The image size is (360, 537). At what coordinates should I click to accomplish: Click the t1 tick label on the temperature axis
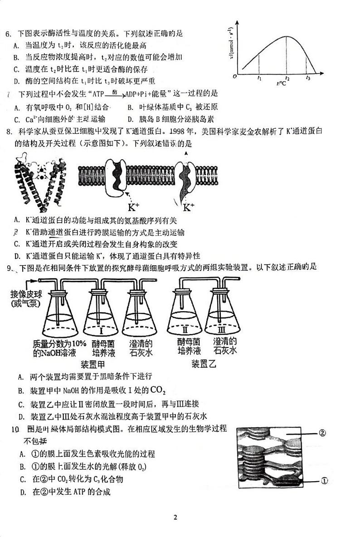click(259, 78)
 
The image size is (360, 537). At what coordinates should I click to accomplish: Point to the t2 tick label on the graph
click(287, 78)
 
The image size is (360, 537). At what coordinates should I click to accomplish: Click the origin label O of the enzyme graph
click(234, 77)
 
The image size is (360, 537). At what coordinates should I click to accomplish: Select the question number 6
click(8, 34)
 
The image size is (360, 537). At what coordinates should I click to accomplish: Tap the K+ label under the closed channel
click(134, 208)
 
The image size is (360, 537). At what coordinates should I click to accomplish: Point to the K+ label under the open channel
click(188, 208)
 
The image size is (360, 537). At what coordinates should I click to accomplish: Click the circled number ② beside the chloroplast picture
click(322, 433)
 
